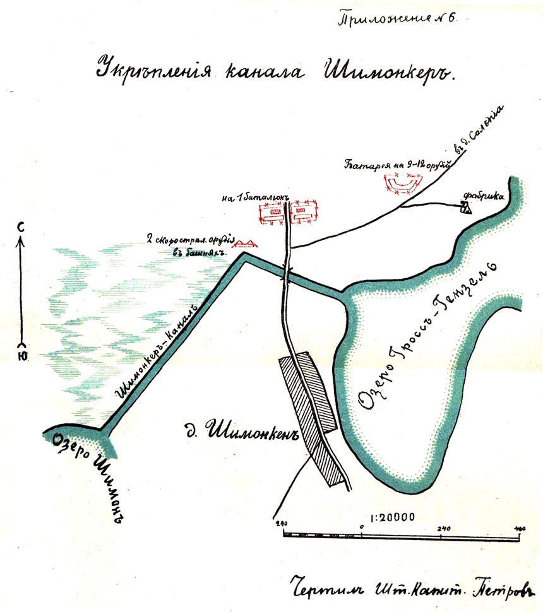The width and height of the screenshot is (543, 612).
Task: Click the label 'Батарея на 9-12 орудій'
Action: click(x=396, y=167)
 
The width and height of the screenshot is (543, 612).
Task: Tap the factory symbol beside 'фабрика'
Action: click(x=465, y=208)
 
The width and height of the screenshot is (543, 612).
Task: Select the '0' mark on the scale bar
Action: click(x=361, y=526)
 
